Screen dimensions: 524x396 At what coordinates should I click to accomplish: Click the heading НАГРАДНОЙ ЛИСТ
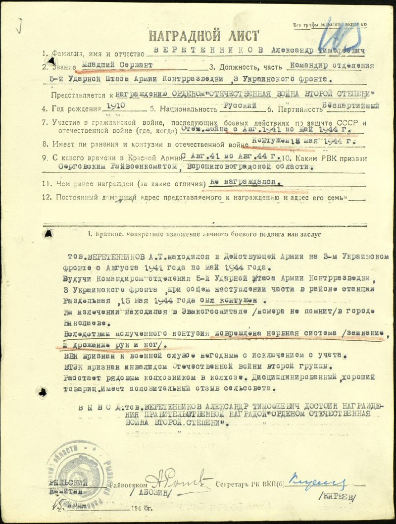204,36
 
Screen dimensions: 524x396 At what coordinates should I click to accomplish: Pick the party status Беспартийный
350,105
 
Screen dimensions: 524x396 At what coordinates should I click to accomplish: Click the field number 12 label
48,198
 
